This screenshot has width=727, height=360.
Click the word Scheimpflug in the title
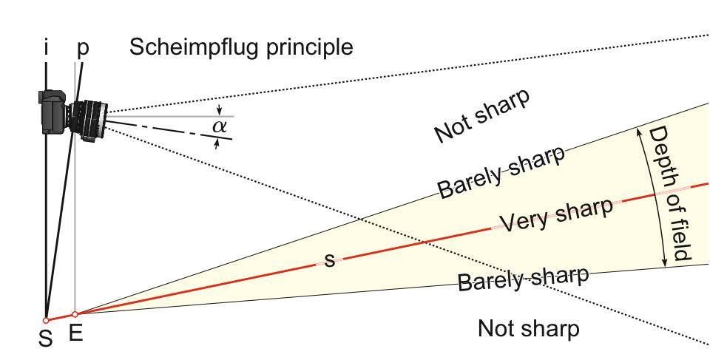[x=195, y=48]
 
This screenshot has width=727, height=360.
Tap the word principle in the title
[x=309, y=48]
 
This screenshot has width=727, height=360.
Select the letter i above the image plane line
[x=46, y=48]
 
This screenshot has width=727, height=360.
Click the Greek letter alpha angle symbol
[x=220, y=126]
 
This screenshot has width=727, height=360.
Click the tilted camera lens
[x=88, y=120]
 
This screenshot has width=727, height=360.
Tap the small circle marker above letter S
[x=46, y=320]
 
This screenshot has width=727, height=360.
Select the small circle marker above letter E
[x=75, y=314]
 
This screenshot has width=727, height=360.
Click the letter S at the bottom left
[x=45, y=339]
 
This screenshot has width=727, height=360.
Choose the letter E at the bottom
[x=75, y=333]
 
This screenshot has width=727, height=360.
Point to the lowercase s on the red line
[x=330, y=260]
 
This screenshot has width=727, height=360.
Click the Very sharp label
[x=556, y=214]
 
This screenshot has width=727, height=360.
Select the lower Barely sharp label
[x=524, y=277]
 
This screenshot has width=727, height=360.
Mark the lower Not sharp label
[x=529, y=328]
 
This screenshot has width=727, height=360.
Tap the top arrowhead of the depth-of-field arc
[x=639, y=132]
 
